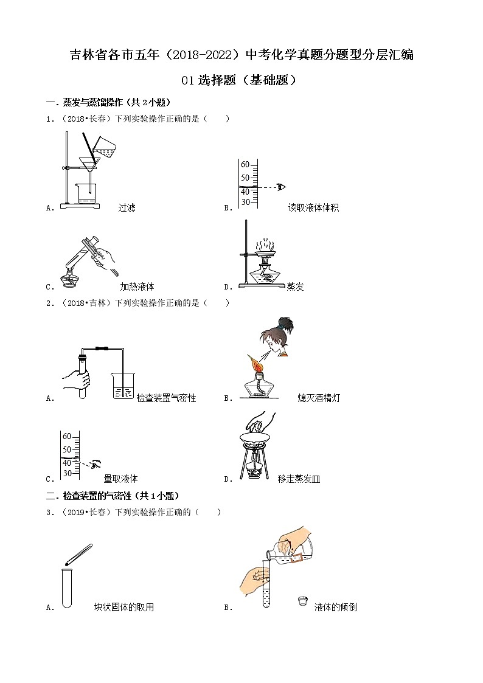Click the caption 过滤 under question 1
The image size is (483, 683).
127,208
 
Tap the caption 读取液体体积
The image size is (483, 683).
313,208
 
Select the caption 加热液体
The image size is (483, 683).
137,286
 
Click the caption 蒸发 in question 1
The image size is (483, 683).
295,286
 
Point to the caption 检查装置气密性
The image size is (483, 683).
166,398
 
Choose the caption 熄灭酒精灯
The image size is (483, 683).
319,398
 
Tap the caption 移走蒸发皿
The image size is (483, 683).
299,479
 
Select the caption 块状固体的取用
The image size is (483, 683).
124,607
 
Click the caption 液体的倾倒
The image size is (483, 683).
335,607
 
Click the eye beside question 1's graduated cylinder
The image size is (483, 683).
281,187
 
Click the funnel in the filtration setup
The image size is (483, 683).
89,164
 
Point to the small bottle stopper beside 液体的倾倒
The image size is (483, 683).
301,602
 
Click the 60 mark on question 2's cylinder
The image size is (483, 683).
67,437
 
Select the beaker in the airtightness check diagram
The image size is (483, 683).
123,386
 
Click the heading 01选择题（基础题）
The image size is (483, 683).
241,80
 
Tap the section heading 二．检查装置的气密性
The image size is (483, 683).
113,496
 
